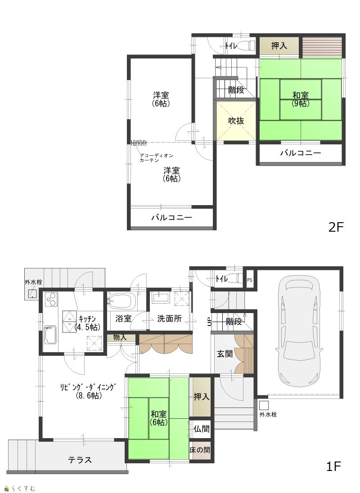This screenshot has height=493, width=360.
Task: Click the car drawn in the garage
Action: point(300,329)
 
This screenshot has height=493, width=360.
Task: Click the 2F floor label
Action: point(336,227)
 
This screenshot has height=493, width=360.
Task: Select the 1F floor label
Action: point(333,466)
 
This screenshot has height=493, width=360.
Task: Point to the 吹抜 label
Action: point(236,121)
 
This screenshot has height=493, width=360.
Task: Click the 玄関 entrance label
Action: point(225,354)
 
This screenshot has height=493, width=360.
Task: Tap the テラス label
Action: point(80,460)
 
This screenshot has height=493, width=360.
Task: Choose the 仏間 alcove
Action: point(201,429)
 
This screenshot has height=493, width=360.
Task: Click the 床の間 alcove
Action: point(200,450)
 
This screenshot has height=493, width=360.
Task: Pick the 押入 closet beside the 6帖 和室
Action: point(201,397)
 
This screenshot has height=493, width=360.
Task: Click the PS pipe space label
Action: point(249,280)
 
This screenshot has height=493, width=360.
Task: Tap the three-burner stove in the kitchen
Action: point(51,299)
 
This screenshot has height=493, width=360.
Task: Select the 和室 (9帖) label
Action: point(301,99)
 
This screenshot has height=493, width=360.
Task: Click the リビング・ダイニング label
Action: point(89,391)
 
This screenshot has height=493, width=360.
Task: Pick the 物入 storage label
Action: point(120,337)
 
